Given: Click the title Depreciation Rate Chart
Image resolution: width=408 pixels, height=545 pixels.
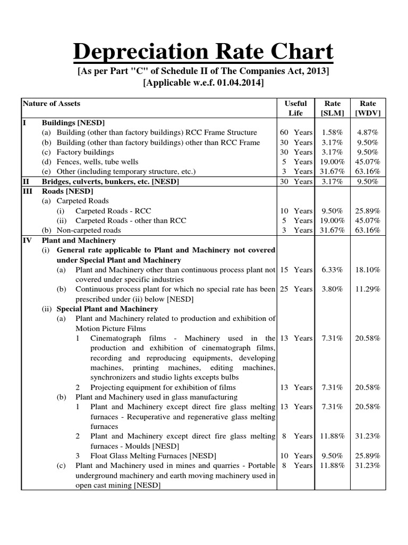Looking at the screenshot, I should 203,52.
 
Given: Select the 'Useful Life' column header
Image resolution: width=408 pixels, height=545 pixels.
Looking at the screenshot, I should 295,108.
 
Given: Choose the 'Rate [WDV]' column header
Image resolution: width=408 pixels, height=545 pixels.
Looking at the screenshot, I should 368,108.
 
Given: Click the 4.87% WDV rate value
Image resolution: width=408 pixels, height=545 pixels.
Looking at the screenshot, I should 368,132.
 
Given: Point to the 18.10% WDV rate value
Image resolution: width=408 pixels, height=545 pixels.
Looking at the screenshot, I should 368,270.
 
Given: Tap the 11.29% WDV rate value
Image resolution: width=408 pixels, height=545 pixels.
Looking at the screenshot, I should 368,289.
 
